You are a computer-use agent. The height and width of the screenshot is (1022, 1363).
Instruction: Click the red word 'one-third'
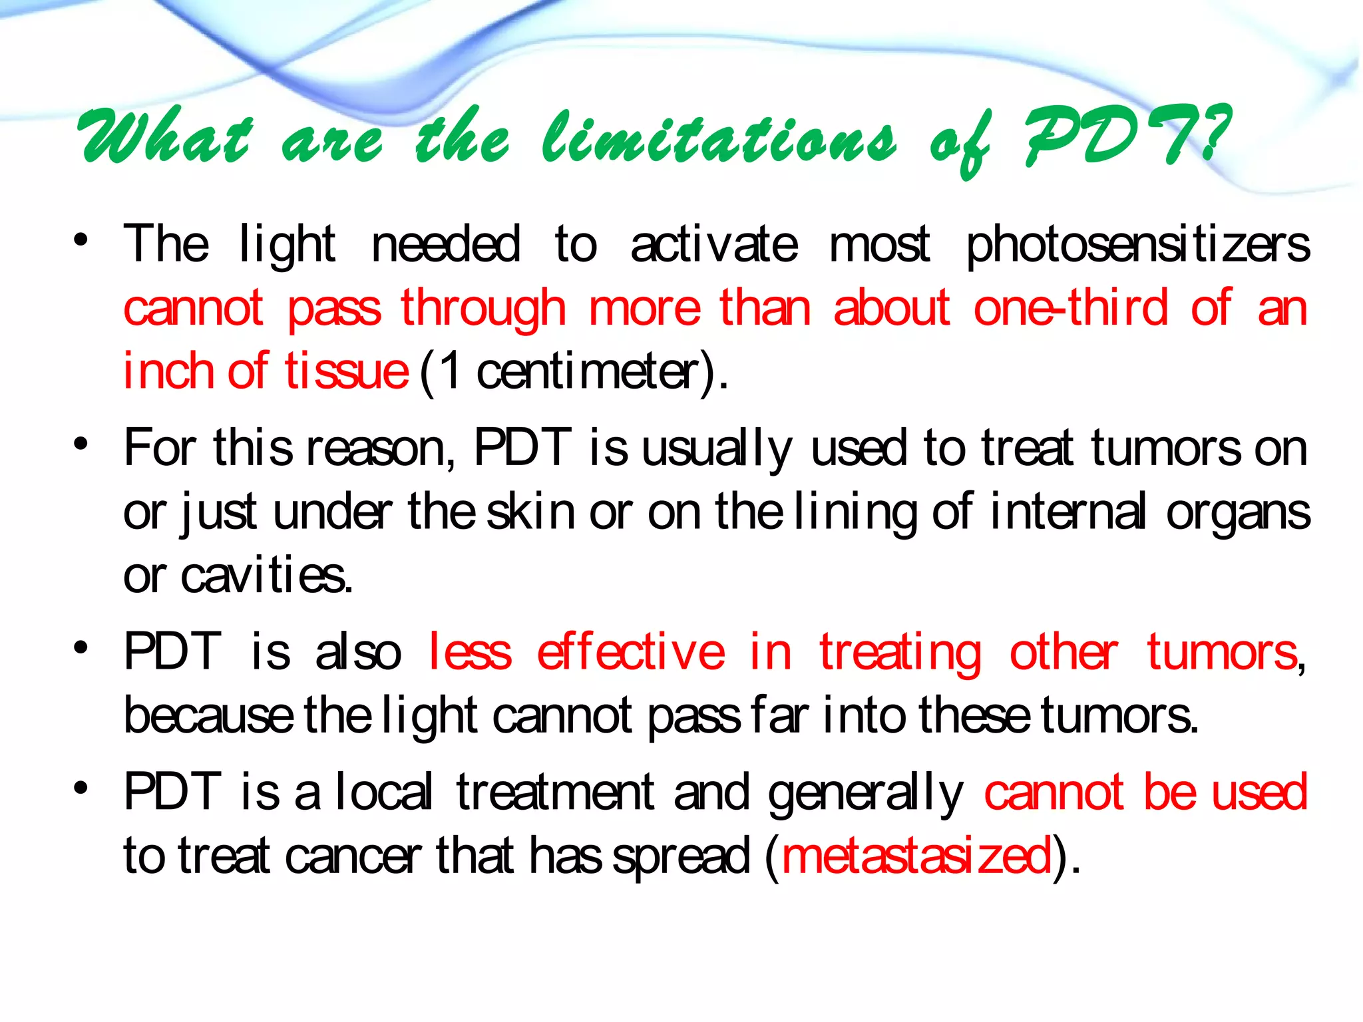(x=1070, y=307)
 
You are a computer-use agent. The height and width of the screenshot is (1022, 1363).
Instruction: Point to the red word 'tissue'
(x=347, y=371)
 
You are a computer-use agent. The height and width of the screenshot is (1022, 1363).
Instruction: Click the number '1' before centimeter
(x=451, y=371)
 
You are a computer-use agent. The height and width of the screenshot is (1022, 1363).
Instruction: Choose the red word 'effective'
(x=630, y=652)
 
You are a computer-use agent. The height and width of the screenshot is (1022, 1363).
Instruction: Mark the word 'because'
(x=208, y=716)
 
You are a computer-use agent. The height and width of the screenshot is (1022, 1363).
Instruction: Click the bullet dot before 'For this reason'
(x=81, y=444)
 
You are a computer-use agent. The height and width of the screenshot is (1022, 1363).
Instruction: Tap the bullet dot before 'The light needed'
(x=81, y=241)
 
